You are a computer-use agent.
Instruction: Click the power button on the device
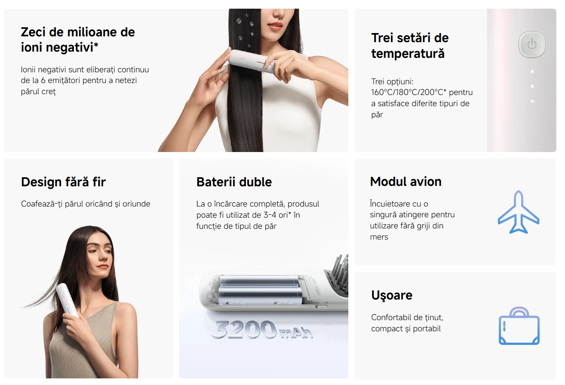click(532, 45)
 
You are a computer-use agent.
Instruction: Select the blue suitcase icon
click(519, 326)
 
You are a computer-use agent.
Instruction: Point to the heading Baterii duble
click(234, 182)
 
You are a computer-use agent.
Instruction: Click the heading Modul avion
click(406, 181)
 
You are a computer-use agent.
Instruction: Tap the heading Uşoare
click(392, 295)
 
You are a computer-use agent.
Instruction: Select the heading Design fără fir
click(63, 182)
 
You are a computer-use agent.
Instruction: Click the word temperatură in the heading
click(408, 54)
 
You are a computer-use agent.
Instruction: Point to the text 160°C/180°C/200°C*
click(409, 93)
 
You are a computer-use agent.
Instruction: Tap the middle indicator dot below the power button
click(532, 86)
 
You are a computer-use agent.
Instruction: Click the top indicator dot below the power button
click(532, 72)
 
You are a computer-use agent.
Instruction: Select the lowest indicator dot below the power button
click(532, 101)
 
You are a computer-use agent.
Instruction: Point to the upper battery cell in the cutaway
click(259, 281)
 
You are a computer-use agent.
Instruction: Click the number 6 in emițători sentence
click(43, 81)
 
